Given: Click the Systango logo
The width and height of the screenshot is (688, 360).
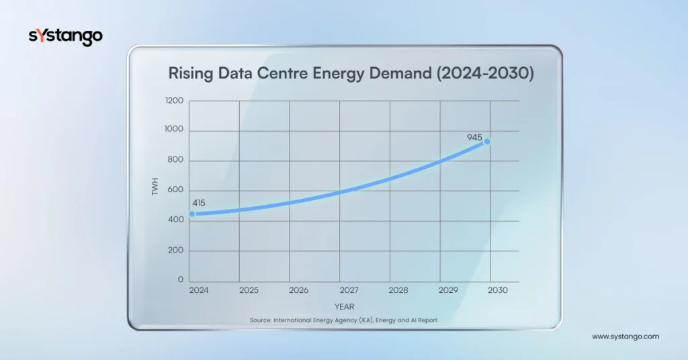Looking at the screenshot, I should point(65,37).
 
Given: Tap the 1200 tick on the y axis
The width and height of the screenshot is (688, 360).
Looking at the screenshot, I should point(174,101).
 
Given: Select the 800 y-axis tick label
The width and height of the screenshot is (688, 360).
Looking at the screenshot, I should point(175,161).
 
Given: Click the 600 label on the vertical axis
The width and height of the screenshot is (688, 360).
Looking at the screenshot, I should point(175,190).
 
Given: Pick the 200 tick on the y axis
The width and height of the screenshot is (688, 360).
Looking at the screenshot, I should point(175,250).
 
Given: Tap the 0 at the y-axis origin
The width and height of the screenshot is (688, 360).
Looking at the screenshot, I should point(180,279).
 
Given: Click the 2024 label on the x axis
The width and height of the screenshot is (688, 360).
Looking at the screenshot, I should point(199,291).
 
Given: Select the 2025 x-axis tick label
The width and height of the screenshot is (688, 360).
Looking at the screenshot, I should point(249,291).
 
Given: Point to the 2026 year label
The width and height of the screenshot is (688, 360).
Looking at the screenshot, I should point(299,291).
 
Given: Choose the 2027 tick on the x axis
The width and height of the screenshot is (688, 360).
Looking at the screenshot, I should point(349,291).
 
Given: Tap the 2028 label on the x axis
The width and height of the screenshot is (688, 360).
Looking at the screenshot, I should point(398,291).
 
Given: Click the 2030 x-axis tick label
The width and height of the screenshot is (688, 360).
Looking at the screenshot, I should point(498,291).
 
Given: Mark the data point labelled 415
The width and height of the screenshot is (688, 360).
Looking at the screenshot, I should point(192,214).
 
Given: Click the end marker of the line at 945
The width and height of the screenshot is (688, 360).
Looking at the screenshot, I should point(487,142).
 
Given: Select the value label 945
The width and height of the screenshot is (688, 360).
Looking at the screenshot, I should point(474,138).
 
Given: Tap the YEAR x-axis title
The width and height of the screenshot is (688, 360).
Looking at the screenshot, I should point(344,307).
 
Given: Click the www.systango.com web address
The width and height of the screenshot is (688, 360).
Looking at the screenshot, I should point(625,336).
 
